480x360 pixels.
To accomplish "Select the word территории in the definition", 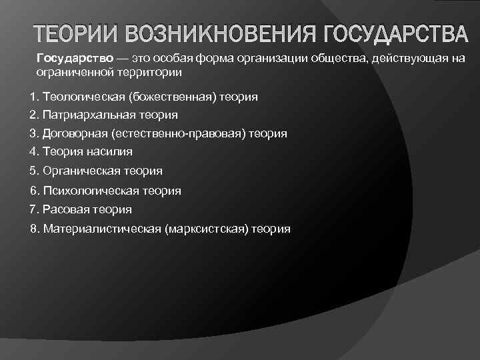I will tap(151, 71).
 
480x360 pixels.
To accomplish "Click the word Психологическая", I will tap(93, 191).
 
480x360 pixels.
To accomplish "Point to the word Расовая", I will tap(65, 209).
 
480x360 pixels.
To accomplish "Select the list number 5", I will tap(33, 171).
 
